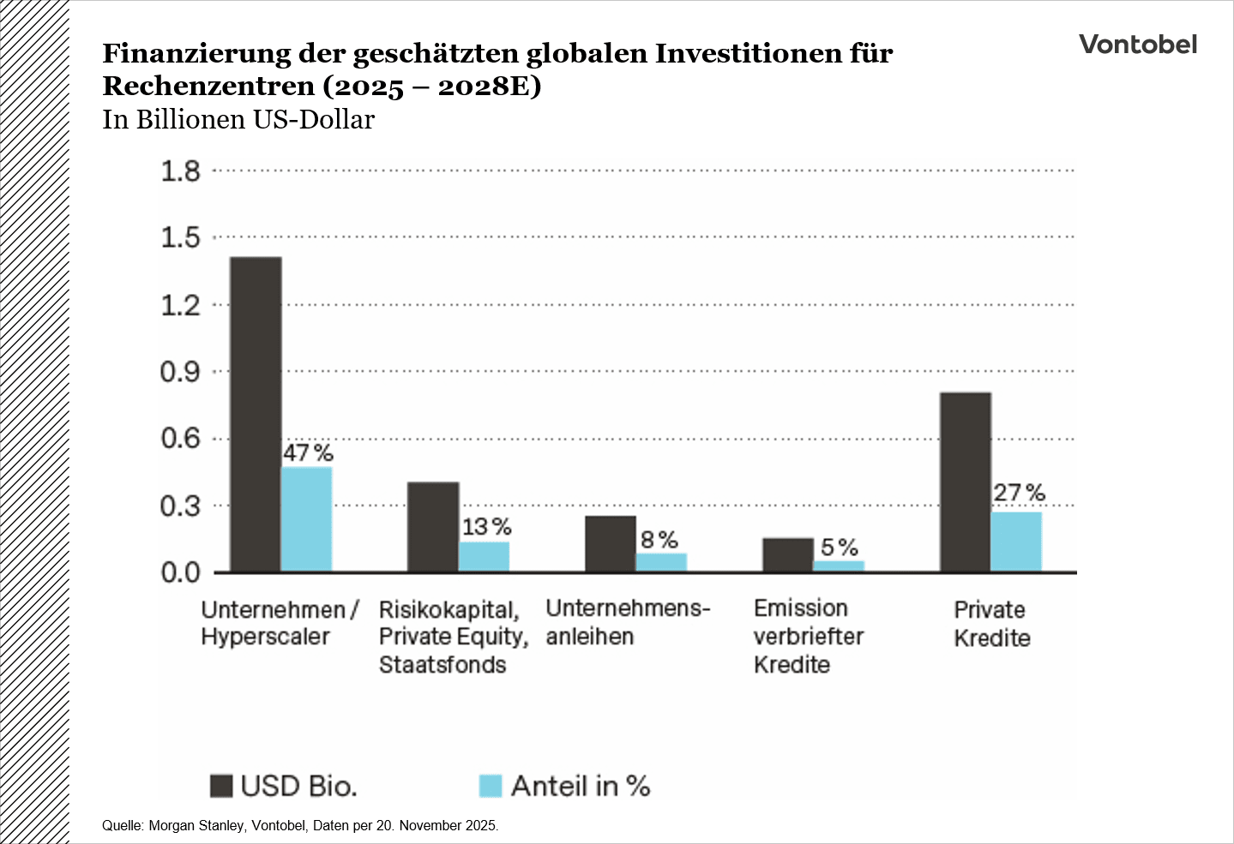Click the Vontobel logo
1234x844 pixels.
point(1137,45)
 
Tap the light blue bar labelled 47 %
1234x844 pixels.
point(307,519)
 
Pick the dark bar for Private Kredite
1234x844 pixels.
point(966,482)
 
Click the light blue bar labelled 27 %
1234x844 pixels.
point(1016,542)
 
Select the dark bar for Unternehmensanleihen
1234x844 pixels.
point(611,543)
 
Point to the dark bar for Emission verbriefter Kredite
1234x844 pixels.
point(788,554)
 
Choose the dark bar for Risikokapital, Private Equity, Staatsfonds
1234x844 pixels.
point(433,527)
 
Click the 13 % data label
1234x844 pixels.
point(486,527)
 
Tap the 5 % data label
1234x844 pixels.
point(839,548)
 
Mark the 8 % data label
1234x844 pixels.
point(659,540)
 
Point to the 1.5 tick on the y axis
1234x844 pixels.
point(180,237)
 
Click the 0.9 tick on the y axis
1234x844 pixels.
point(180,372)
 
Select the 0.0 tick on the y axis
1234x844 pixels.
point(180,572)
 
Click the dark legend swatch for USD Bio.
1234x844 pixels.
point(221,786)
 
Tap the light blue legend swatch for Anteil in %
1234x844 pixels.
point(490,786)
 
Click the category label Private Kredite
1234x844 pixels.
point(991,624)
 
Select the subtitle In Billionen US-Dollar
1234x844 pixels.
point(238,119)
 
